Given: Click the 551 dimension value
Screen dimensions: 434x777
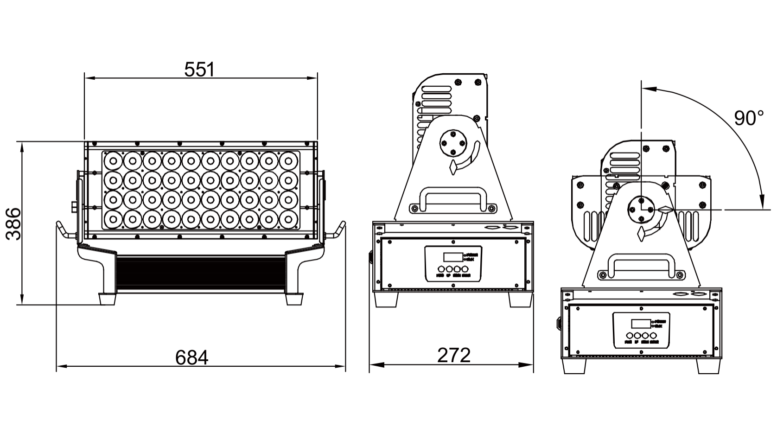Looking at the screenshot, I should coord(200,70).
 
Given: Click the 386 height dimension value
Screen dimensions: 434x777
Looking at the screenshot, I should coord(14,224).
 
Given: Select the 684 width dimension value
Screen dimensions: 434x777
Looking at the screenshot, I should coord(192,357).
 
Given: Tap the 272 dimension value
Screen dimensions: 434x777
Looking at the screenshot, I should coord(454,355).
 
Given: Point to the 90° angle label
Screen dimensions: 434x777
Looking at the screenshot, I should coord(748,119).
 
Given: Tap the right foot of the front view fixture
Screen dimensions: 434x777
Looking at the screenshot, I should coord(294,298).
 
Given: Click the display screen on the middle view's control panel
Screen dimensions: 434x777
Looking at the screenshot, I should coord(452,257).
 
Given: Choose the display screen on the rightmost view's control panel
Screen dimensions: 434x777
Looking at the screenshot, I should coord(640,323).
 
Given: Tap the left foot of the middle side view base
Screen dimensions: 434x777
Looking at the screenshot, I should coord(386,300).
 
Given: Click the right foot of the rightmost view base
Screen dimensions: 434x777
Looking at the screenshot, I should coord(708,366).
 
